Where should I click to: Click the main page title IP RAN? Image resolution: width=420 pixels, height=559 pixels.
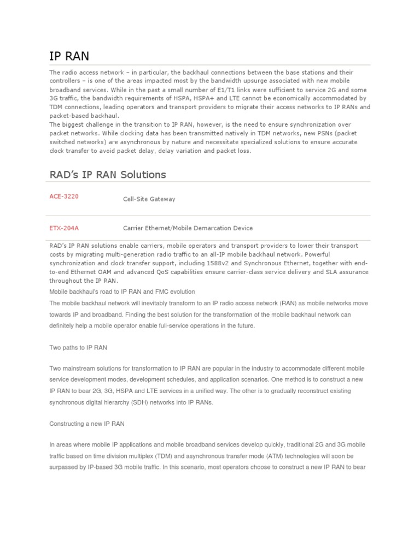pos(69,56)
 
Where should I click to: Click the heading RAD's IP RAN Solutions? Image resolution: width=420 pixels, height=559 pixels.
pos(108,175)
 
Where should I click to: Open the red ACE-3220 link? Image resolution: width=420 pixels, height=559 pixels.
pos(64,197)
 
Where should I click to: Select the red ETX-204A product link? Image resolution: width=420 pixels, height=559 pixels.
pos(64,228)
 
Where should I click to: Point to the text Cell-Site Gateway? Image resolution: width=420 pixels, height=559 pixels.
pos(149,199)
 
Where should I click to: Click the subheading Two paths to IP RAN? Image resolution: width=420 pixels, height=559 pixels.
pos(81,347)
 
